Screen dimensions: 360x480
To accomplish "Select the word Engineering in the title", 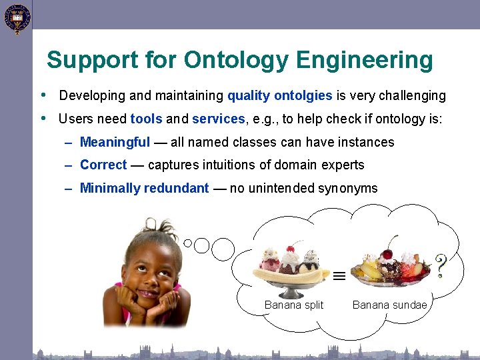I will tap(365, 60).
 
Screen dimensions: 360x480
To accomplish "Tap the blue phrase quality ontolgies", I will tap(279, 95).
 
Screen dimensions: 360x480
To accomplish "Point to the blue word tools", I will tap(146, 119).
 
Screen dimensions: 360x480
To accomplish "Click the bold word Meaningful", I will tap(115, 142).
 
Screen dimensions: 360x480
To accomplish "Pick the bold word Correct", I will tap(103, 165).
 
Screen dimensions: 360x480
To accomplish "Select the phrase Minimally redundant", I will tap(144, 188).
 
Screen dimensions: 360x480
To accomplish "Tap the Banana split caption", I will tap(293, 305).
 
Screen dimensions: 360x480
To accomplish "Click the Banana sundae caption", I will tap(389, 305).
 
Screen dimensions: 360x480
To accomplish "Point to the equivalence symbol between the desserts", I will tap(339, 275).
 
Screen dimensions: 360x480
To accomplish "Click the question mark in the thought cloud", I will tap(440, 265).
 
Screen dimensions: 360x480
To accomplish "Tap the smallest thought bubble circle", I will tap(188, 243).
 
